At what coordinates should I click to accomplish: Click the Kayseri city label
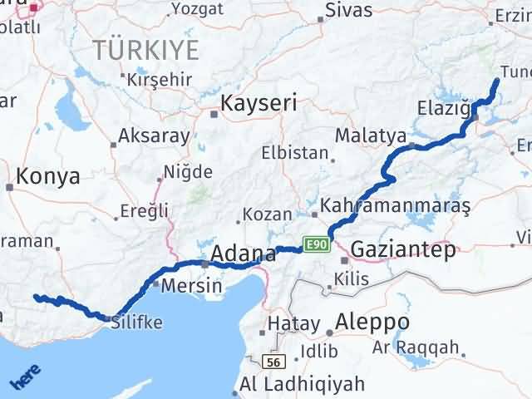[259, 104]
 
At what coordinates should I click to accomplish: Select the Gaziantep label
[404, 249]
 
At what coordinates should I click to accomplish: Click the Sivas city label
[348, 11]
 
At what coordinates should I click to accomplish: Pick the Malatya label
[370, 135]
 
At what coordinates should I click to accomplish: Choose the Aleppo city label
[372, 322]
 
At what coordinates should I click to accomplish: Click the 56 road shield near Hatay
[273, 362]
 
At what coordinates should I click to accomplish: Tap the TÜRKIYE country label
[146, 50]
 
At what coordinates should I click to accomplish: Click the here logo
[25, 379]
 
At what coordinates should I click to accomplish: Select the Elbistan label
[295, 154]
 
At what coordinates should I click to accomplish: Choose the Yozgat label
[196, 10]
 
